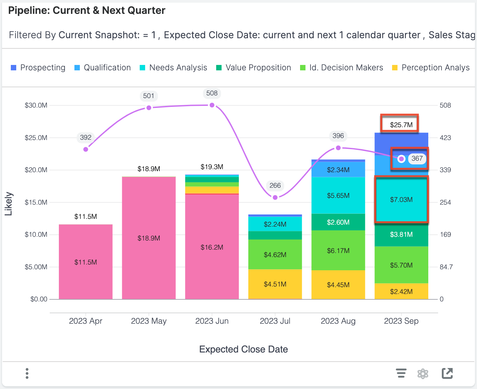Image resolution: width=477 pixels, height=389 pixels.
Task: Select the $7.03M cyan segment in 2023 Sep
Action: coord(401,199)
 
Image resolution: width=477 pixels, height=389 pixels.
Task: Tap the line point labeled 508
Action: coord(212,105)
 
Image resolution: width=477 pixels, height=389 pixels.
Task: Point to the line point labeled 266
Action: coord(275,197)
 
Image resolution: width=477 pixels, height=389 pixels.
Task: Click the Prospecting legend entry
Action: coord(38,68)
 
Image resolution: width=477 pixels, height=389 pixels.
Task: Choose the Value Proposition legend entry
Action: coord(254,68)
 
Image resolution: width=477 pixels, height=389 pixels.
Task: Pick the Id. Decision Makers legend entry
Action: coord(342,68)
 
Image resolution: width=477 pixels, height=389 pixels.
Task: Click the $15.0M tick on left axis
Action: coord(36,202)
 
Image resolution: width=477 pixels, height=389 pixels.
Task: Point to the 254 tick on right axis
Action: coord(445,202)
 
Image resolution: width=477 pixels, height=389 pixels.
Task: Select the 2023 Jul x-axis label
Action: coord(275,321)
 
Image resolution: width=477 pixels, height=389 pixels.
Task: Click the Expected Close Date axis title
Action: coord(244,349)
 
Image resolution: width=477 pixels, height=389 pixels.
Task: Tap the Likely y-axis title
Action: coord(8,204)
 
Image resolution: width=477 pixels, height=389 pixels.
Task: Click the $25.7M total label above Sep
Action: coord(401,125)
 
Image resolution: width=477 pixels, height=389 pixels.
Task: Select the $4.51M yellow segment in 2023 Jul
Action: coord(275,284)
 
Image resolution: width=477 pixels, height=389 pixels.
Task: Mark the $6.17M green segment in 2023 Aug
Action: coord(338,251)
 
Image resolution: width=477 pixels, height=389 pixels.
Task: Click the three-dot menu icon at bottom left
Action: coord(27,373)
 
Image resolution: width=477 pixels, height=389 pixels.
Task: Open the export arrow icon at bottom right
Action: coord(447,373)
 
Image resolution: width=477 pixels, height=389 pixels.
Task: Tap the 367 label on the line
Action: coord(417,158)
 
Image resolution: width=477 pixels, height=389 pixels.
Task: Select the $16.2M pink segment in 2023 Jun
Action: coord(212,247)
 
